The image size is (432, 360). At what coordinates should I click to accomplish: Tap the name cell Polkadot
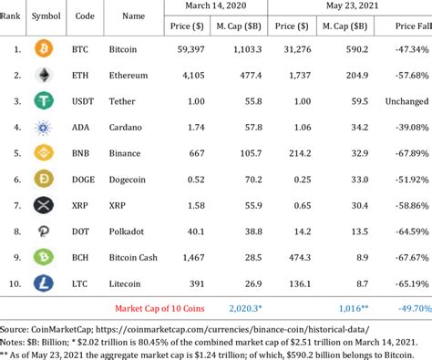(x=127, y=232)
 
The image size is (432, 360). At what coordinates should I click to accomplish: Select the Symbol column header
(x=46, y=16)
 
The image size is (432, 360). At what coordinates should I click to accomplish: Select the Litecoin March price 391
(x=187, y=285)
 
